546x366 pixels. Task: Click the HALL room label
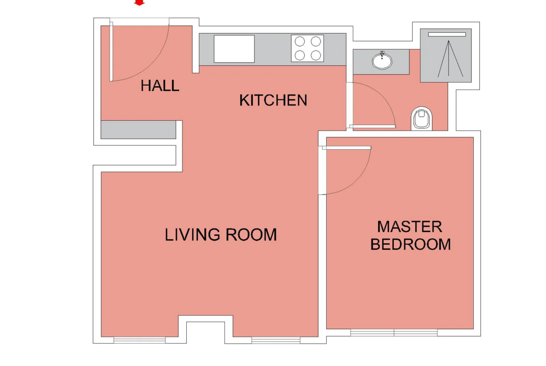click(x=160, y=86)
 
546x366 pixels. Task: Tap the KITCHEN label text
click(x=273, y=100)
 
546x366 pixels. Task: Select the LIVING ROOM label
click(x=221, y=235)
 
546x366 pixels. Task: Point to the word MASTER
click(x=410, y=227)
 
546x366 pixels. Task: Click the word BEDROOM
click(x=411, y=244)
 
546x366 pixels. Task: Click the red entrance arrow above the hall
click(x=139, y=2)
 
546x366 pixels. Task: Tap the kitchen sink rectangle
click(x=234, y=48)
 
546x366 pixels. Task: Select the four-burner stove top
click(x=308, y=48)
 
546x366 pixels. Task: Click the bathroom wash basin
click(x=382, y=61)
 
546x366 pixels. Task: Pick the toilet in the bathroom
click(x=422, y=118)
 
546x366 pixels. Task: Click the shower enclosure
click(x=446, y=55)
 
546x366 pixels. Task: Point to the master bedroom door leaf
click(x=346, y=148)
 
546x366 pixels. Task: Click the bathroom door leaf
click(x=372, y=126)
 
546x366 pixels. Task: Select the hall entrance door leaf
click(x=112, y=51)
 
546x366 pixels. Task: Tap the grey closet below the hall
click(x=138, y=130)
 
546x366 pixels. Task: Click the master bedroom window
click(x=394, y=332)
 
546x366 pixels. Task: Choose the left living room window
click(x=139, y=340)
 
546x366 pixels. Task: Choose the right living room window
click(x=276, y=340)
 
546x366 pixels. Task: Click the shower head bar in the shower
click(x=447, y=35)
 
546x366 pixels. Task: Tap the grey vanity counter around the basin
click(x=381, y=62)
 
